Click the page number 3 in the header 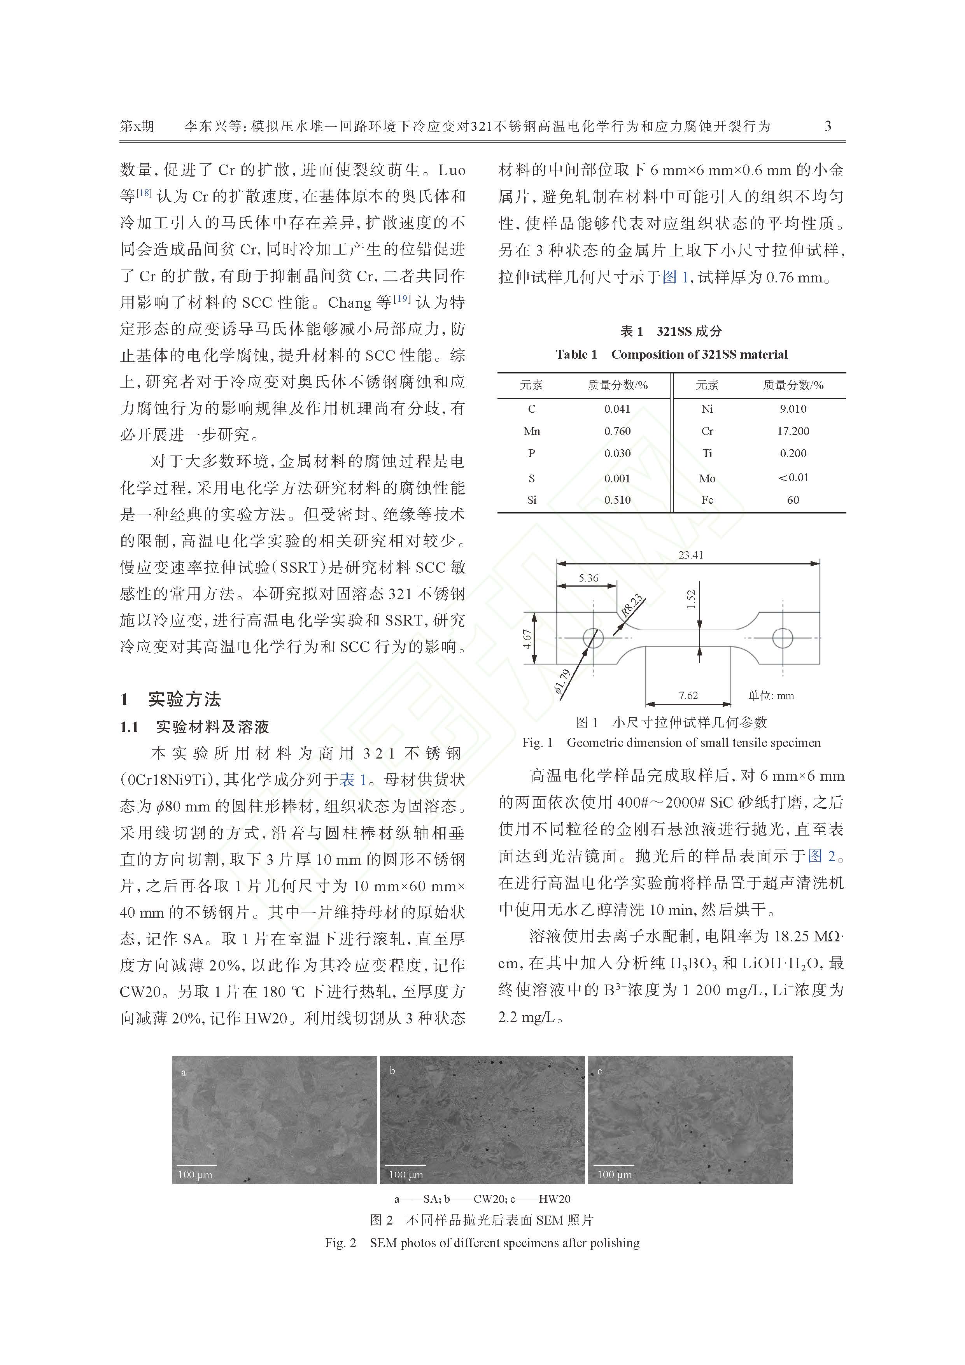pos(828,126)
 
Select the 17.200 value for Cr pos(793,431)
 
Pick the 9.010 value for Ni pos(793,409)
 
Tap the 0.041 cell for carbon pos(617,409)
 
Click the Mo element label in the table pos(707,478)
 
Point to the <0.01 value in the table pos(793,477)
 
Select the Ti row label pos(707,453)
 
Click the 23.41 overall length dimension pos(690,555)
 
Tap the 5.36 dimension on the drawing pos(588,578)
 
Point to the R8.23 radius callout pos(632,606)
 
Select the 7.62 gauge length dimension pos(688,695)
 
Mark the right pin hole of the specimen pos(783,638)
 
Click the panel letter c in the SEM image pos(599,1071)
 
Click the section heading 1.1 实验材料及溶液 pos(195,727)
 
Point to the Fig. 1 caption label pos(538,743)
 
